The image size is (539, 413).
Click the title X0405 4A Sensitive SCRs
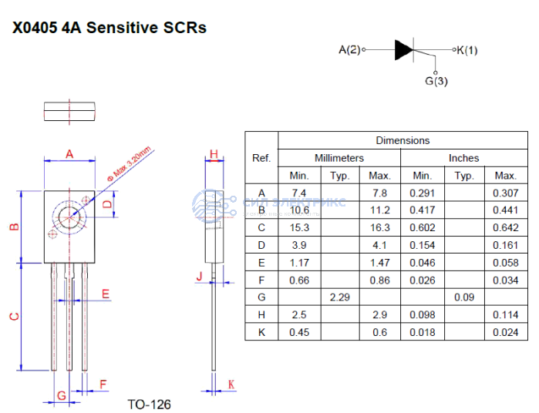(109, 28)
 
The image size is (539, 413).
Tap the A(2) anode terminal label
(349, 51)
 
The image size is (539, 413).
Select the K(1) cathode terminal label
(467, 51)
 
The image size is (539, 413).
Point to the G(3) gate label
(436, 81)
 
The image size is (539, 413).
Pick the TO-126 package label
(149, 404)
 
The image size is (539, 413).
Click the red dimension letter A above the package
(69, 154)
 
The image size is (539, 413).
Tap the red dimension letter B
(13, 227)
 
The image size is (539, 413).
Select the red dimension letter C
(13, 316)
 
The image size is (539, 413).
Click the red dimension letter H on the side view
(214, 154)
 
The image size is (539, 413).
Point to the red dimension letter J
(199, 276)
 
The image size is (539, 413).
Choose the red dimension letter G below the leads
(61, 395)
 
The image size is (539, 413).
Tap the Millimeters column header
(339, 158)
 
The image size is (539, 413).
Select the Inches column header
(463, 158)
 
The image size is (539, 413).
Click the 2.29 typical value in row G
(339, 297)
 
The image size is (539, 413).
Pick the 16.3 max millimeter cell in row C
(379, 227)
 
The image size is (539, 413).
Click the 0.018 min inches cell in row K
(422, 332)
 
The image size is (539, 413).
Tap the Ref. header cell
(261, 158)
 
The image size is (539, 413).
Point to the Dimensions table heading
(403, 140)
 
